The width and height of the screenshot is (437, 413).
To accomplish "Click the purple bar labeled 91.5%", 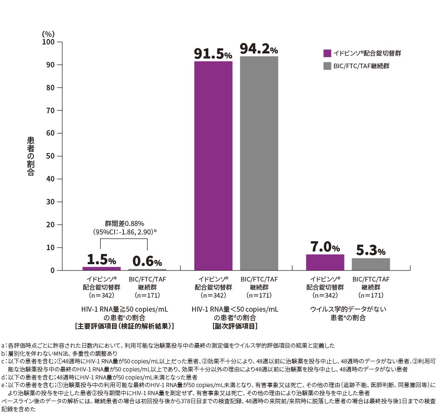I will tap(213, 165).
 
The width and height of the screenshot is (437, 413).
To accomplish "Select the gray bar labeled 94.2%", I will tap(259, 163).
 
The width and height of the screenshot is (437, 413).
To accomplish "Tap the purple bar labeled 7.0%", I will tap(325, 262).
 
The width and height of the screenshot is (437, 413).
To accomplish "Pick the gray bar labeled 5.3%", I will tap(370, 264).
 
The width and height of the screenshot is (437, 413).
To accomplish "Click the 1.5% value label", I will tap(101, 260).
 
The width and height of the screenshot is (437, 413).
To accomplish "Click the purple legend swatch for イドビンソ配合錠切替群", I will tap(327, 53).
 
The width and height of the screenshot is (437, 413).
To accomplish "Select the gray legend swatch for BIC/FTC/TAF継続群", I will tap(327, 66).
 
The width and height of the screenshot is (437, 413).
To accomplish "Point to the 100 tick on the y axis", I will tap(49, 42).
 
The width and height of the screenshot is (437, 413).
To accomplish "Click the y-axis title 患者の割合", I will tap(31, 156).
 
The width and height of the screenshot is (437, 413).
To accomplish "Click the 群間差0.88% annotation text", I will tap(124, 223).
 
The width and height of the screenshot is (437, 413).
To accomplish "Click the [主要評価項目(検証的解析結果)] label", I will tap(124, 326).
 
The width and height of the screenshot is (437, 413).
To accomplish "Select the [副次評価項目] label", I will tap(235, 326).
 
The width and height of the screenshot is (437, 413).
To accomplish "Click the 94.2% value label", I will tap(259, 49).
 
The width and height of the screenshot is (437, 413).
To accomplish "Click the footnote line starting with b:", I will tap(59, 353).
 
